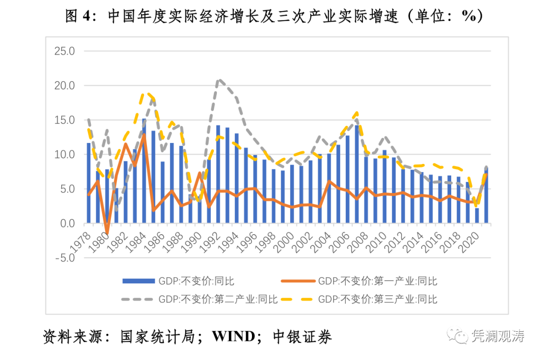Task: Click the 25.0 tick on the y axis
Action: point(65,51)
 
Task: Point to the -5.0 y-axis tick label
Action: point(65,258)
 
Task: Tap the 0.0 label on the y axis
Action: point(67,224)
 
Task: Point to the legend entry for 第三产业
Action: point(377,300)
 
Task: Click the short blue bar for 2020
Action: point(477,216)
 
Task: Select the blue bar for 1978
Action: point(89,183)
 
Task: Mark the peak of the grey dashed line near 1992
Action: point(219,80)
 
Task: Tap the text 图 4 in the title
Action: point(79,17)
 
